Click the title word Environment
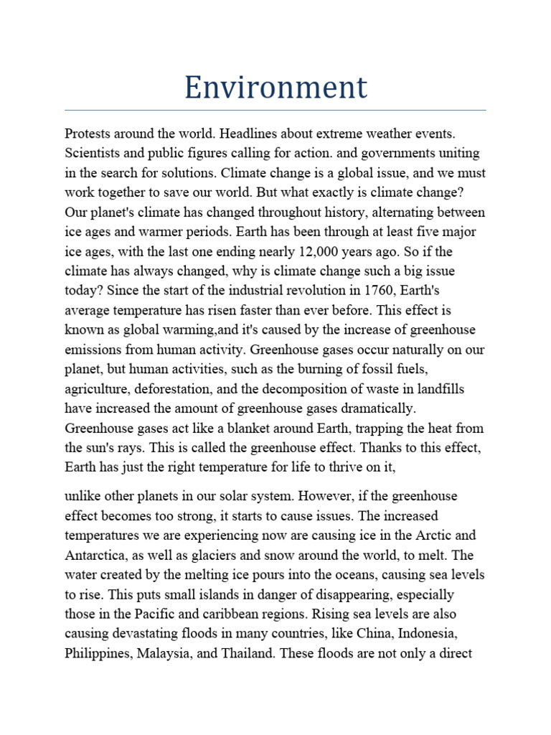tap(275, 88)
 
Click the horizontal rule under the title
tap(275, 111)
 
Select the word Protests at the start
tap(88, 134)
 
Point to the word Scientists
tap(91, 154)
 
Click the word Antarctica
tap(95, 556)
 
